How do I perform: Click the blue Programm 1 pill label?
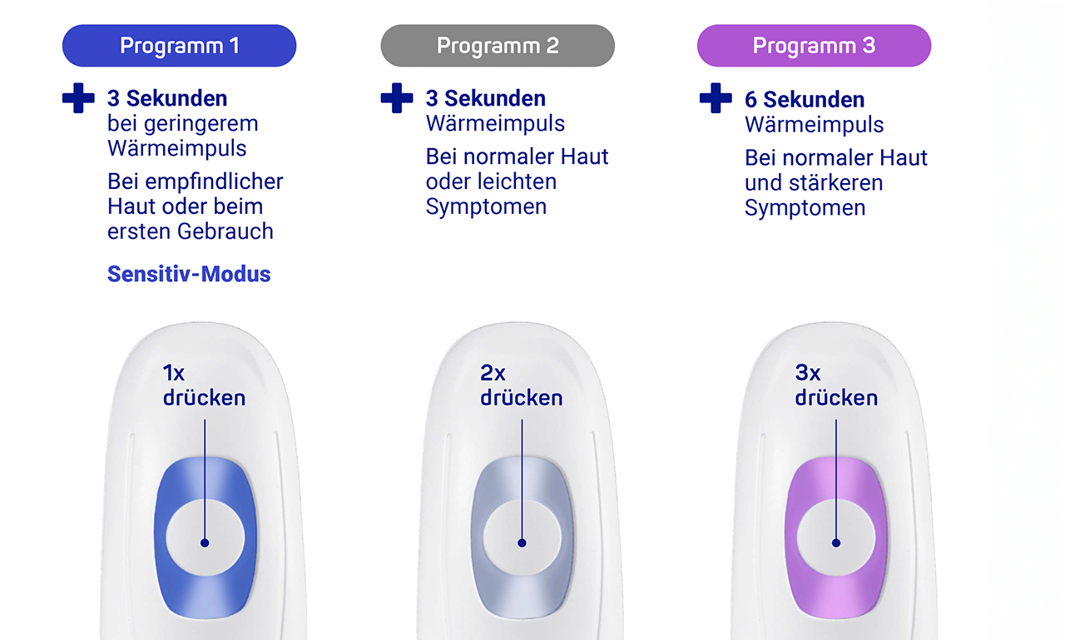(x=179, y=46)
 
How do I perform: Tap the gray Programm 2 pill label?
(x=498, y=46)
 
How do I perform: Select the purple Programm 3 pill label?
(x=814, y=46)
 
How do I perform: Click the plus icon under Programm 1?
(x=78, y=98)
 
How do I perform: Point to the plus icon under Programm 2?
(x=397, y=98)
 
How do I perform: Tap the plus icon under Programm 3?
(x=716, y=98)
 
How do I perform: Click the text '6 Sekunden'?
(x=805, y=99)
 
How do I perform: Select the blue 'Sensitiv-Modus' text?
(x=189, y=274)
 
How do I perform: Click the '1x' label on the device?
(x=174, y=373)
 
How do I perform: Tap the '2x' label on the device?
(x=493, y=373)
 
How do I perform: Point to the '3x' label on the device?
(x=808, y=373)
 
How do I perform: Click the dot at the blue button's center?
(x=205, y=543)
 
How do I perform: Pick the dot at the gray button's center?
(x=522, y=543)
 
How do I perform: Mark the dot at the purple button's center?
(x=836, y=543)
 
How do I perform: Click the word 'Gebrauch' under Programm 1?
(x=225, y=231)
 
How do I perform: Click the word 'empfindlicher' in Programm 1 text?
(x=214, y=181)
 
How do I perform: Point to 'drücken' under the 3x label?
(x=836, y=398)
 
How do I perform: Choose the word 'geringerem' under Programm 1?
(x=201, y=125)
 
